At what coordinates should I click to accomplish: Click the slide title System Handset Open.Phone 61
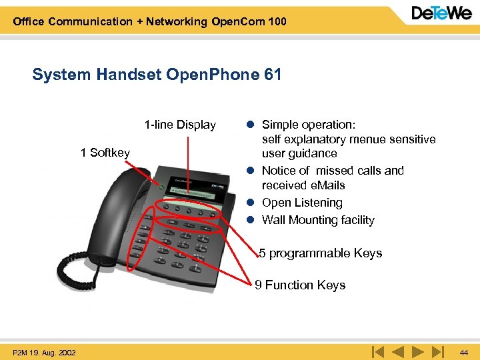coord(157,75)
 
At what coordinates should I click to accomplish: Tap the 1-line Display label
coord(180,125)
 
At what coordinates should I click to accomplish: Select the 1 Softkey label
coord(105,153)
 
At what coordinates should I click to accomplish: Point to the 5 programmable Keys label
coord(321,253)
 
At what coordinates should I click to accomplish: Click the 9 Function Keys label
coord(300,285)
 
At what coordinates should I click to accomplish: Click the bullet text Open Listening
coord(302,203)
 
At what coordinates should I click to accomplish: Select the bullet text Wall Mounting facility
coord(318,220)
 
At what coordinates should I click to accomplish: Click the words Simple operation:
coord(309,125)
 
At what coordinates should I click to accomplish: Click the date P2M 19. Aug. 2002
coord(44,352)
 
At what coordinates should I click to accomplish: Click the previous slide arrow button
coord(398,351)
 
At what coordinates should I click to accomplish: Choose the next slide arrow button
coord(417,351)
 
